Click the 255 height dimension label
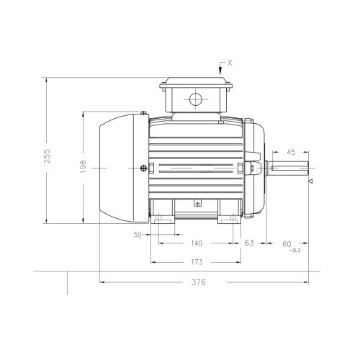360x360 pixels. pyautogui.click(x=48, y=156)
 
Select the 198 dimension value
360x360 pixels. pyautogui.click(x=83, y=167)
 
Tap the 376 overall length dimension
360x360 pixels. pyautogui.click(x=199, y=282)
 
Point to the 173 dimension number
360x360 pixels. pyautogui.click(x=197, y=262)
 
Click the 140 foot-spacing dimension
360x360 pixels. pyautogui.click(x=197, y=243)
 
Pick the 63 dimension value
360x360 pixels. pyautogui.click(x=249, y=243)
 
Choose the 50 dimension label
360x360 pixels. pyautogui.click(x=138, y=235)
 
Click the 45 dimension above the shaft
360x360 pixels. pyautogui.click(x=291, y=152)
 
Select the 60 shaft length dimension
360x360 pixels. pyautogui.click(x=287, y=244)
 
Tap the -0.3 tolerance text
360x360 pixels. pyautogui.click(x=295, y=251)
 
